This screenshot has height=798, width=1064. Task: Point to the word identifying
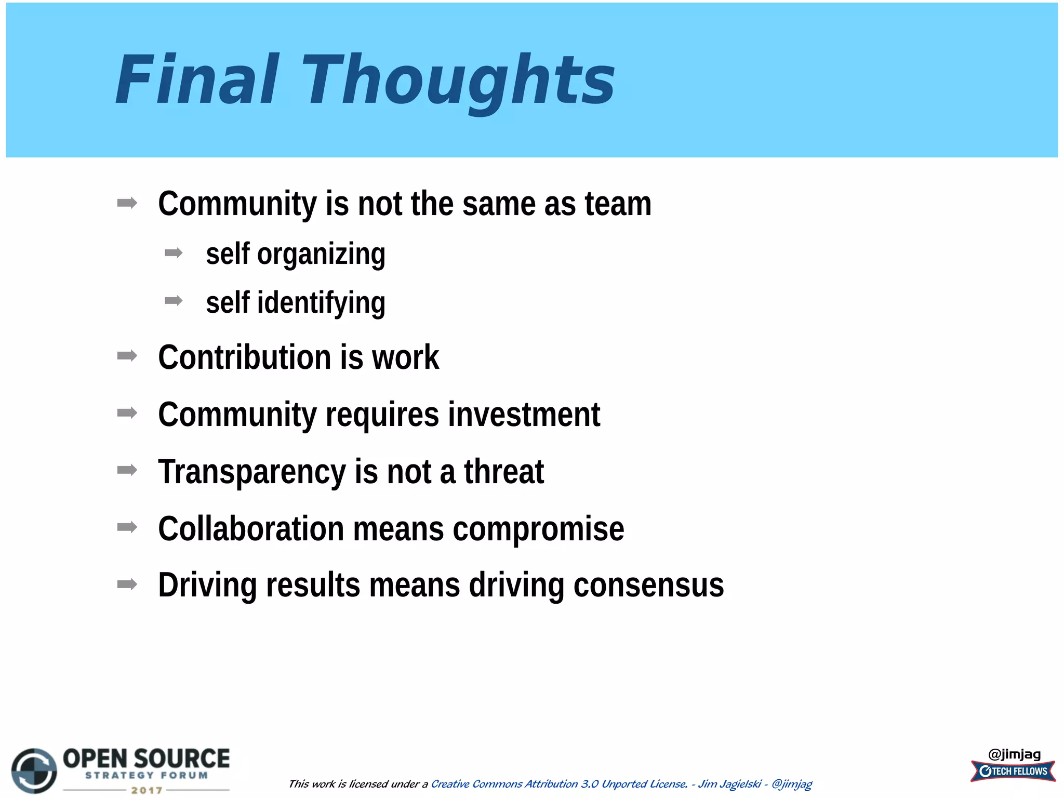(321, 303)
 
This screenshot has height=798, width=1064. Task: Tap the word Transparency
(251, 472)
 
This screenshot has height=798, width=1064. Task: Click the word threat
(503, 472)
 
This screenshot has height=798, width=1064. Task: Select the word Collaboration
(250, 529)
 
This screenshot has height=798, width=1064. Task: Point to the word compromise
(538, 529)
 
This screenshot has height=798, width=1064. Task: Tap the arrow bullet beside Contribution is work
(127, 356)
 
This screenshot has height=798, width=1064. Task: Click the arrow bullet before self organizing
(174, 253)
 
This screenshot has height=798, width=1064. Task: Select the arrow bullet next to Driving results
(127, 584)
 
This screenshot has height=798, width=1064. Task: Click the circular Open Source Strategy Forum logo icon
(34, 770)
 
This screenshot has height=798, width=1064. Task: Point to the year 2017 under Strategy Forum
(147, 790)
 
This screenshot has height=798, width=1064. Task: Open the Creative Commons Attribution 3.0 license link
(559, 784)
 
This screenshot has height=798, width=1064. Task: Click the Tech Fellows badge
(1013, 772)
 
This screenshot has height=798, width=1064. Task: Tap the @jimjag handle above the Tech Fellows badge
(1014, 754)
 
